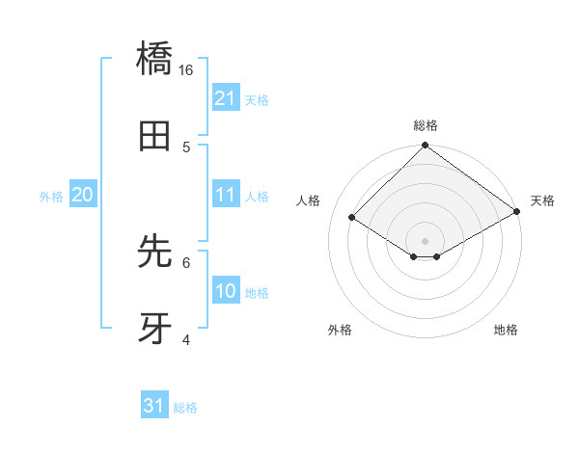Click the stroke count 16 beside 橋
click(186, 69)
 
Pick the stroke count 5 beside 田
click(186, 147)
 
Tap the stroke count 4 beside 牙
click(186, 339)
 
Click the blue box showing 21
click(226, 98)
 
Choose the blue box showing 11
click(226, 195)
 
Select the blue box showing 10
click(226, 291)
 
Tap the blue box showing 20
click(83, 195)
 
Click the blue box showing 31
click(154, 406)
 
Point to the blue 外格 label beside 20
click(51, 196)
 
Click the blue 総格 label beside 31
click(186, 407)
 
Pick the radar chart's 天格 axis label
click(542, 200)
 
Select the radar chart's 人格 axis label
click(309, 200)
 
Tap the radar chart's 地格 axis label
click(506, 330)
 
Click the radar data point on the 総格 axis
click(425, 147)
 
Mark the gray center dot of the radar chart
click(425, 240)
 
